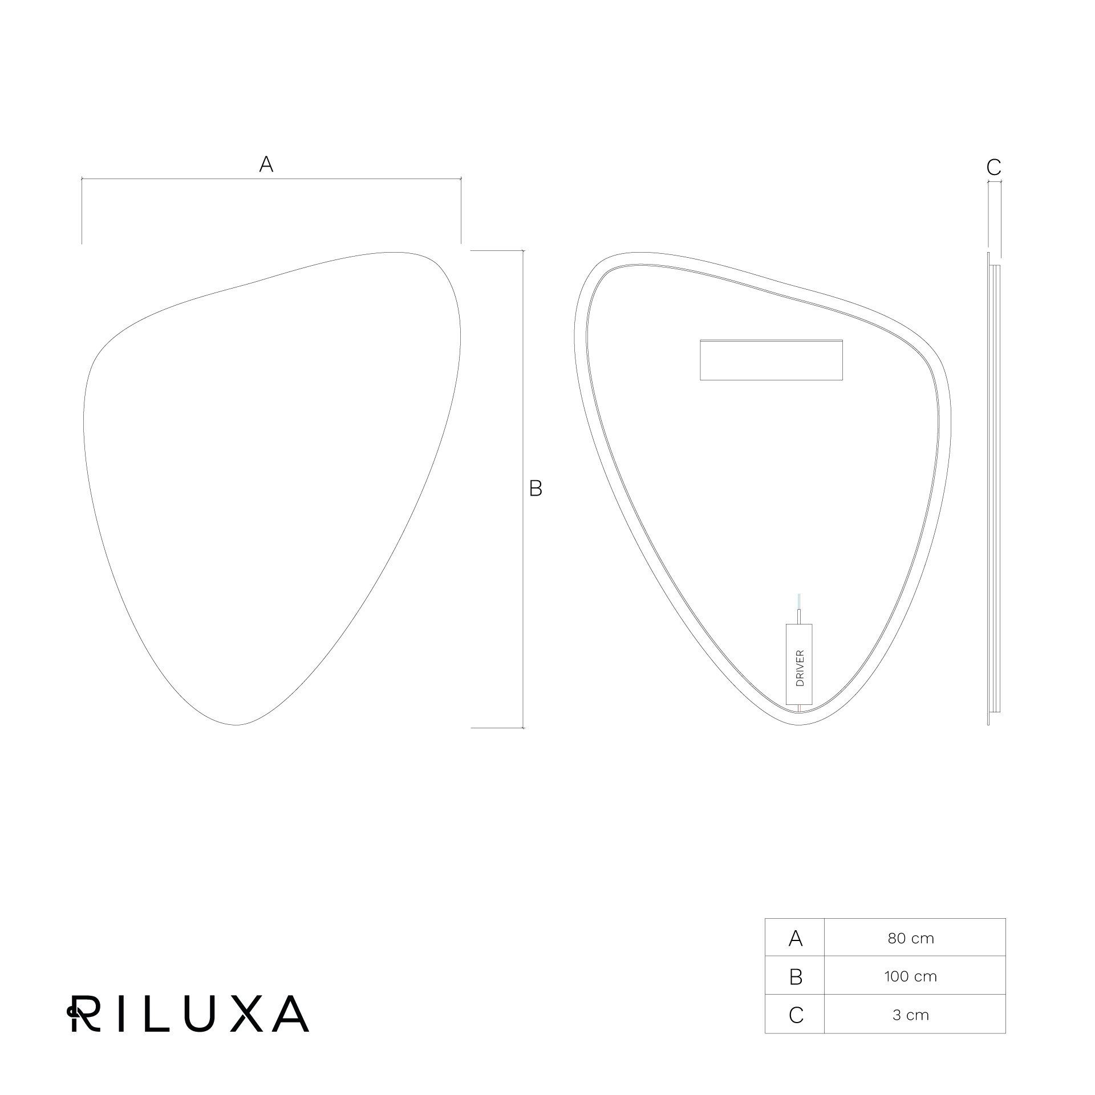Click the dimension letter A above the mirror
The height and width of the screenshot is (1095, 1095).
pos(266,164)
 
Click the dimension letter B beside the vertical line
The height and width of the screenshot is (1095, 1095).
pos(536,488)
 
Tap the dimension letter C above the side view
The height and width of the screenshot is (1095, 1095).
pos(993,168)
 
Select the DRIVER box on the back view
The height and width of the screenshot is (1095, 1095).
pos(799,664)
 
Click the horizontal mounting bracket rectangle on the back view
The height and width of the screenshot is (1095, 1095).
pos(771,359)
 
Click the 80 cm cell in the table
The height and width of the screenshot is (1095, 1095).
pos(911,938)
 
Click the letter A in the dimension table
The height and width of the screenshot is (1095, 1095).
pos(795,938)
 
